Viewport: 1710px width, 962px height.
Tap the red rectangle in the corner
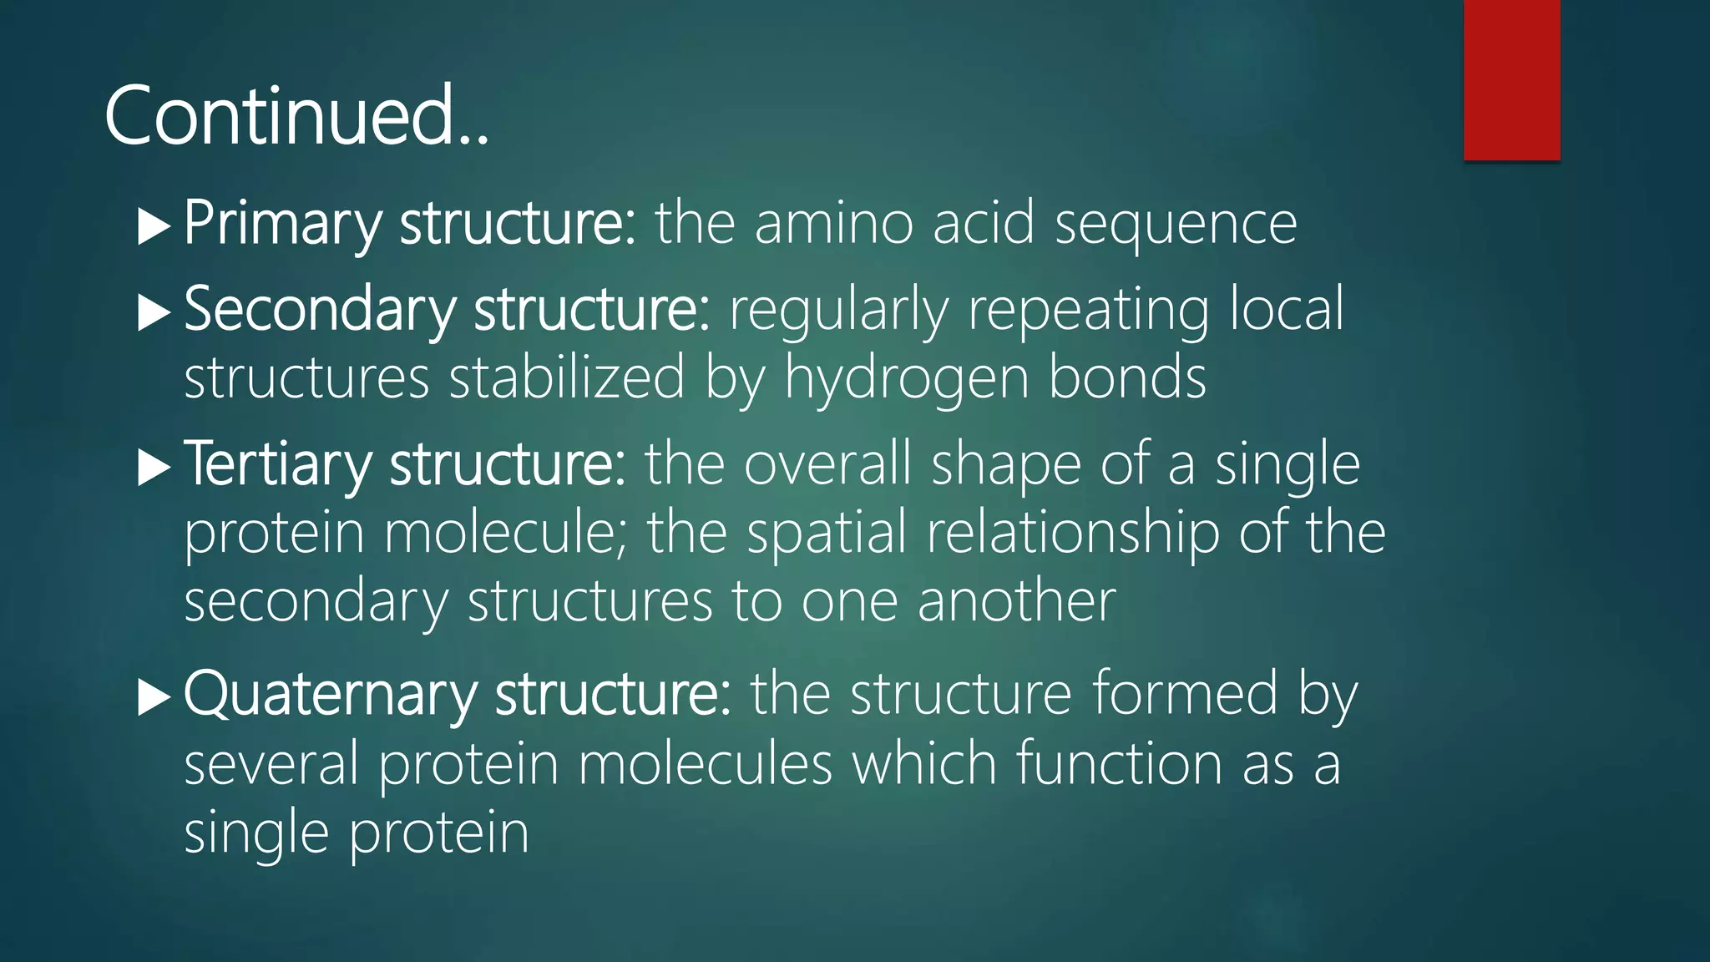(x=1511, y=79)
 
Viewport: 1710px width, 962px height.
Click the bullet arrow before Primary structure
(x=154, y=226)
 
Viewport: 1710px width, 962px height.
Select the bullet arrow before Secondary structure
(x=154, y=313)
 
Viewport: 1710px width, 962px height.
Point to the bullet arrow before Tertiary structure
(x=154, y=468)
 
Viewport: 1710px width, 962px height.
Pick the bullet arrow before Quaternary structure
(x=154, y=697)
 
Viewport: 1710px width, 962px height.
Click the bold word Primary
(x=281, y=224)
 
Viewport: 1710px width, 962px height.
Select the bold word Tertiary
(x=276, y=465)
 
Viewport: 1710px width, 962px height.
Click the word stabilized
(x=567, y=378)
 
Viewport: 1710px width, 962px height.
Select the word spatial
(x=826, y=533)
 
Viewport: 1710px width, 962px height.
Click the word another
(x=1016, y=601)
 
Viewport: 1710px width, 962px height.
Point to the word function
(x=1119, y=763)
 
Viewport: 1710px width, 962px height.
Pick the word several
(x=271, y=763)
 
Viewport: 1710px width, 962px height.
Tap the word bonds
(x=1126, y=378)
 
